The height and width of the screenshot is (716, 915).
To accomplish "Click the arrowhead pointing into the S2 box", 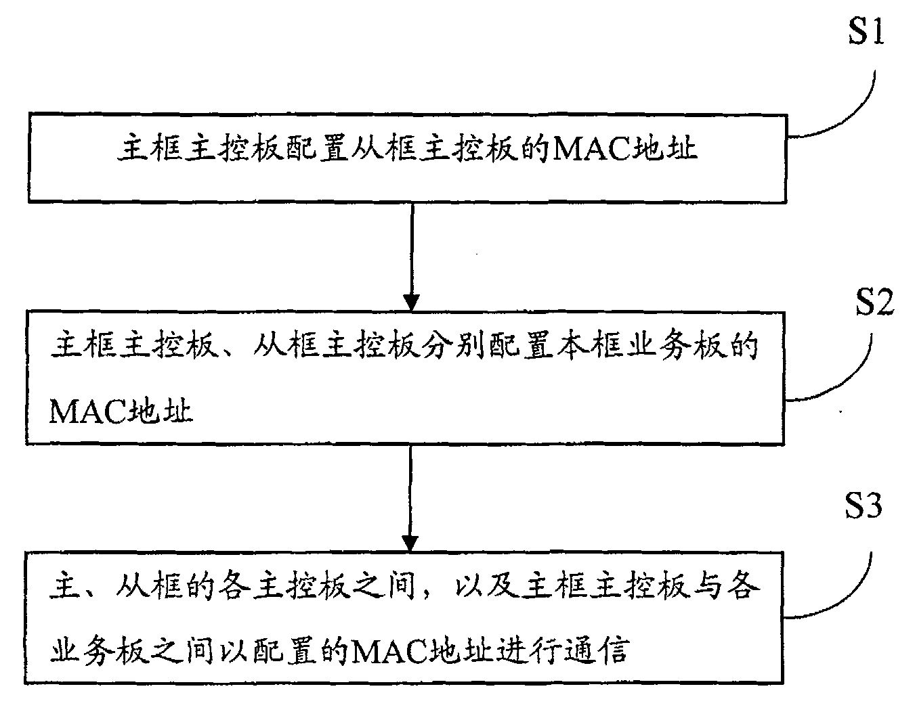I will pyautogui.click(x=410, y=300).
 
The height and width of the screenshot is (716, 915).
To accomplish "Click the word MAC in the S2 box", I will pyautogui.click(x=87, y=411).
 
